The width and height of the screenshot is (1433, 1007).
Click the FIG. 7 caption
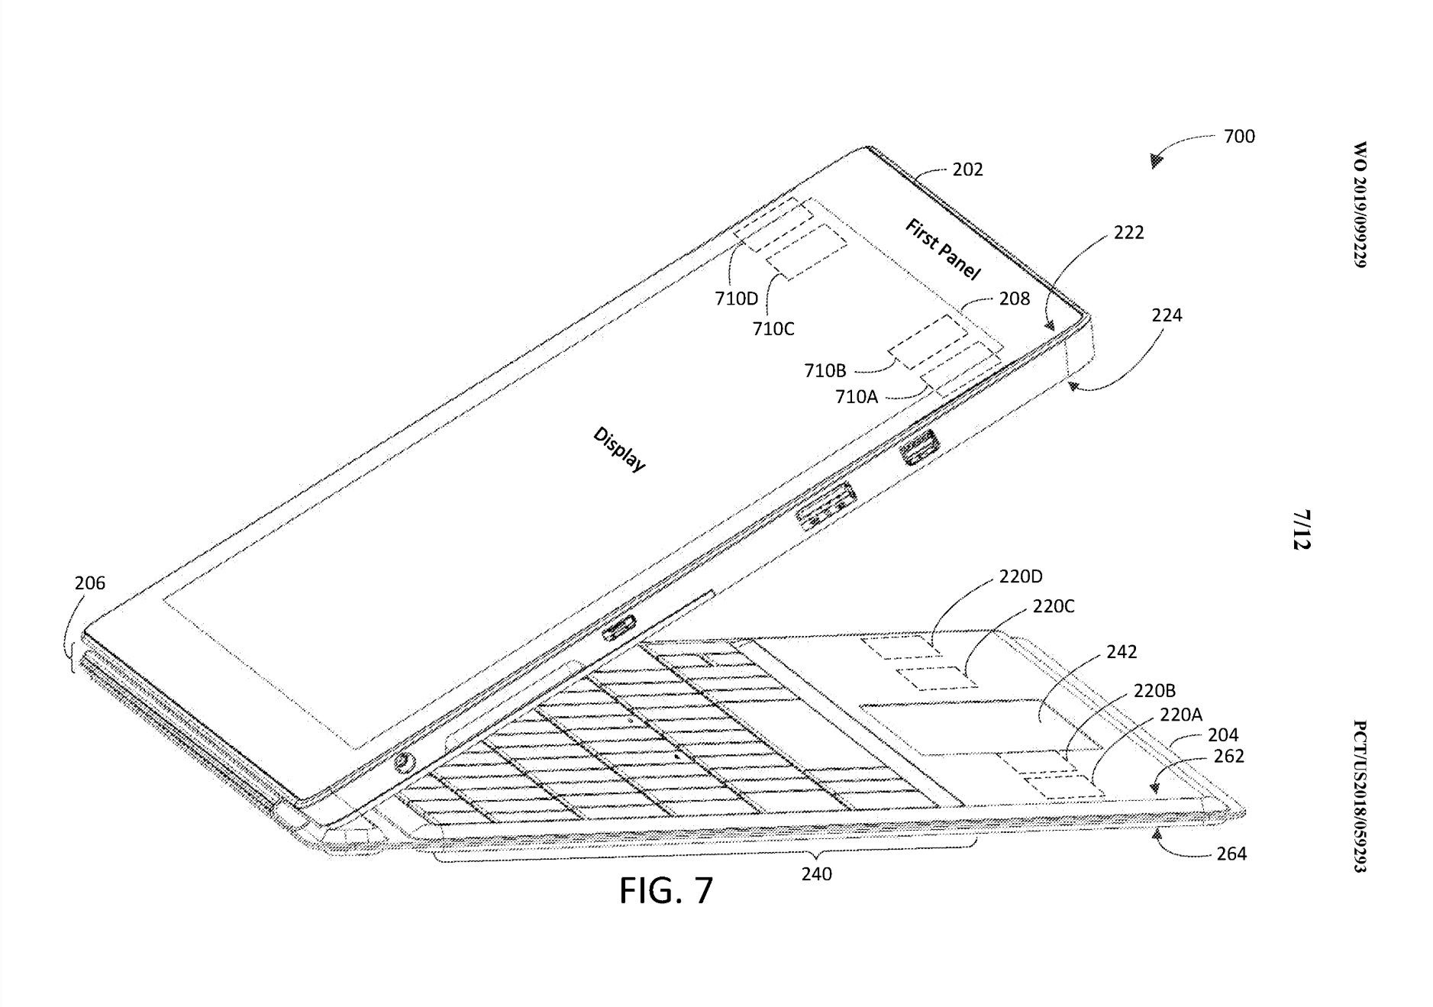(666, 889)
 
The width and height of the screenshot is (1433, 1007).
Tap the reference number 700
(1238, 137)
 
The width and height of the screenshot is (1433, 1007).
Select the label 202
(967, 169)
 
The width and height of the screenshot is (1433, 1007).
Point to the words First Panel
(942, 249)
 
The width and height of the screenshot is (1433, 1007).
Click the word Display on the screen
(619, 449)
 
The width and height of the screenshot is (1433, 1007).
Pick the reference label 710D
(736, 299)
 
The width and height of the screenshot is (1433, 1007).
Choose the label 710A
(856, 396)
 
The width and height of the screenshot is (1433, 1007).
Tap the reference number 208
(1014, 299)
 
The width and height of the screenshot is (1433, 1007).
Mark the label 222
(1128, 233)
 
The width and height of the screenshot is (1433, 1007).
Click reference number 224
(1167, 315)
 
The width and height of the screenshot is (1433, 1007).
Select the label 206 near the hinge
(89, 583)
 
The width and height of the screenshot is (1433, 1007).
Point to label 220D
(1020, 576)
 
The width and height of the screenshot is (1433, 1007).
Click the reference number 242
(1121, 651)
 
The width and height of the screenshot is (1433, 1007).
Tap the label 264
(1231, 854)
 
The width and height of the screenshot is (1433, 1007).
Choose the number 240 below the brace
(816, 874)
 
